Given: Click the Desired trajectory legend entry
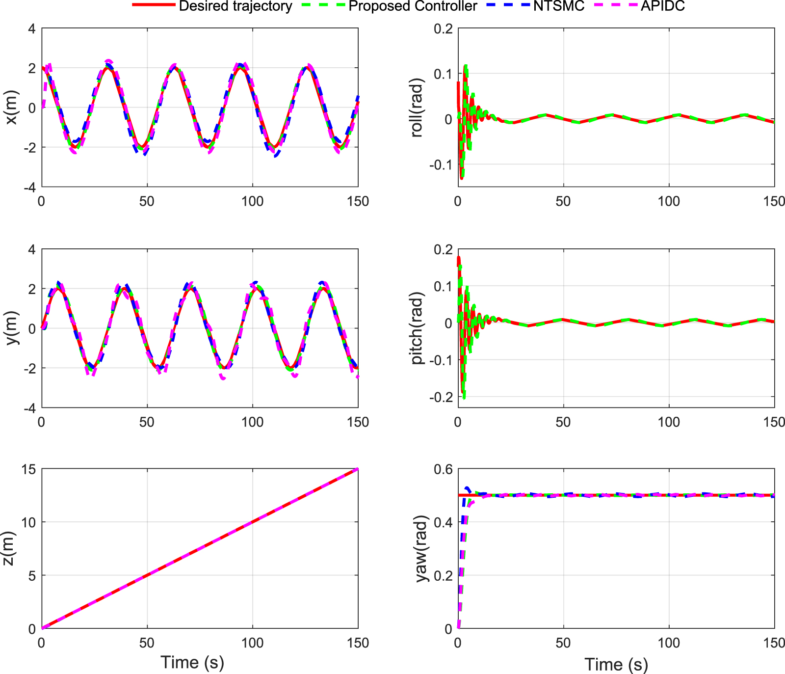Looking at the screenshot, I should coord(235,6).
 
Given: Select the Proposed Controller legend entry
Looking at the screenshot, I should coord(413,6).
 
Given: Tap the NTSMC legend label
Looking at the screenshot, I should coord(559,6).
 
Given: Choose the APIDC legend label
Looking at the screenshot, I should coord(662,6).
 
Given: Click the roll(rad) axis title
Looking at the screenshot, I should coord(417,108).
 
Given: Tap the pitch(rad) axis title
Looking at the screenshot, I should coord(417,328).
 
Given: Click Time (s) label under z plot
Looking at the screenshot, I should coord(192,662).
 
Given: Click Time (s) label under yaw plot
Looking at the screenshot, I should coord(616,665).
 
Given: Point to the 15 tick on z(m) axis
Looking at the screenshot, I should coord(29,469).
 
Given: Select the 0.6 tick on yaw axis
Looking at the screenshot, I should coord(443,469).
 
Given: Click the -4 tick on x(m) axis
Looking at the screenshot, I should coord(31,187).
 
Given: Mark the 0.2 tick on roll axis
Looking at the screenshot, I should coord(443,28).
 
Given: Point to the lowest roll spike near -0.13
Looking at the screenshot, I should coord(462,178).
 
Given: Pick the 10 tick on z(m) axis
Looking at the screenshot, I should coord(29,522).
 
